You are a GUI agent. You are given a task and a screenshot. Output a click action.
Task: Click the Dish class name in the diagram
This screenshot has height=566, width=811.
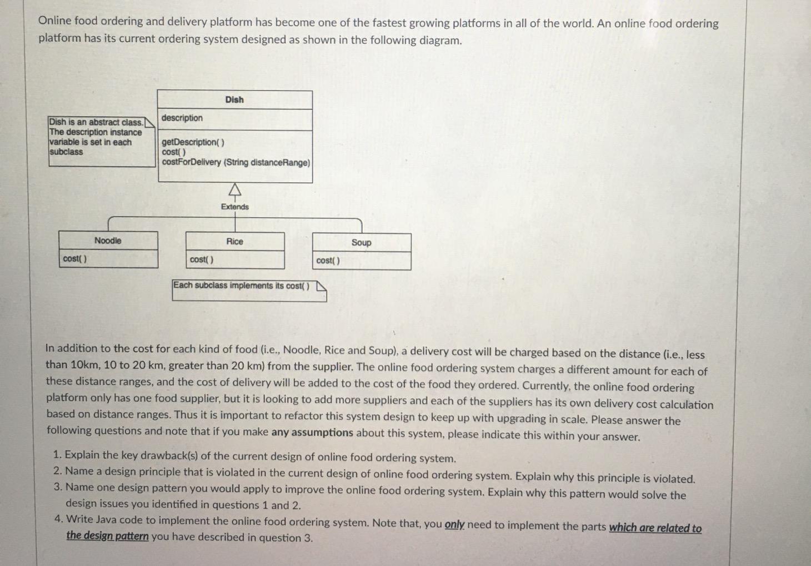[x=234, y=100]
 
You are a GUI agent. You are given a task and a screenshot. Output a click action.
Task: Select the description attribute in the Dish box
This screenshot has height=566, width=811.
[x=182, y=118]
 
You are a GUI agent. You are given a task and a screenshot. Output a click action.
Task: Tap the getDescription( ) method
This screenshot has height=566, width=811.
[x=193, y=142]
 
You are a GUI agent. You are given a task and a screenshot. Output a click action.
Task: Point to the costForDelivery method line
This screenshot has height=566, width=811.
[x=236, y=163]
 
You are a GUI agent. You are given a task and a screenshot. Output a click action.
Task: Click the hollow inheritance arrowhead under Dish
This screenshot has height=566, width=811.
[x=235, y=191]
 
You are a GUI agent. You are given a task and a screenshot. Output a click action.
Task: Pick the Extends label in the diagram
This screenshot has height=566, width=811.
[x=235, y=207]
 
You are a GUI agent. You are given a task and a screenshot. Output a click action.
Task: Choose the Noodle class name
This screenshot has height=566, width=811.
[x=108, y=241]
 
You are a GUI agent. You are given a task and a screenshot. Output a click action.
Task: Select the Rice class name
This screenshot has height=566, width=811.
[x=234, y=242]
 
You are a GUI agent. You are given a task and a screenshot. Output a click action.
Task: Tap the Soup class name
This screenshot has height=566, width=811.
[x=361, y=243]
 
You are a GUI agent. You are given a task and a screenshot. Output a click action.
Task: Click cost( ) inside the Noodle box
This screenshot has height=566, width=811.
[x=74, y=259]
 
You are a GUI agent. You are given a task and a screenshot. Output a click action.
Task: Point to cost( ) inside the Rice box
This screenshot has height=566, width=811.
[x=201, y=260]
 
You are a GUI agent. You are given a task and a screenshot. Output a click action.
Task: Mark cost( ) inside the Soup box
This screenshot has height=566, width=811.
[x=328, y=261]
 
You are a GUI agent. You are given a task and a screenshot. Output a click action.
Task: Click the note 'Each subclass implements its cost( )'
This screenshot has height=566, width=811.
[x=242, y=285]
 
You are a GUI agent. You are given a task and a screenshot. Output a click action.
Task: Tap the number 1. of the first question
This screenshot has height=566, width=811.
[x=57, y=455]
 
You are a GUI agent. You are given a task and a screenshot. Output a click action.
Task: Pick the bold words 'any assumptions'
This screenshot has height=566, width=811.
[x=312, y=432]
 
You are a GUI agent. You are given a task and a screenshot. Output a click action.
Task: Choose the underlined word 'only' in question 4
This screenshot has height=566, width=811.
[x=454, y=524]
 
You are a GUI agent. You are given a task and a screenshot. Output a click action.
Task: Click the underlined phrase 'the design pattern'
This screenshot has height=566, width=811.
[x=107, y=536]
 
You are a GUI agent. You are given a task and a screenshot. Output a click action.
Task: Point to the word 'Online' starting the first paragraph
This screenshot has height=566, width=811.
[x=55, y=21]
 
